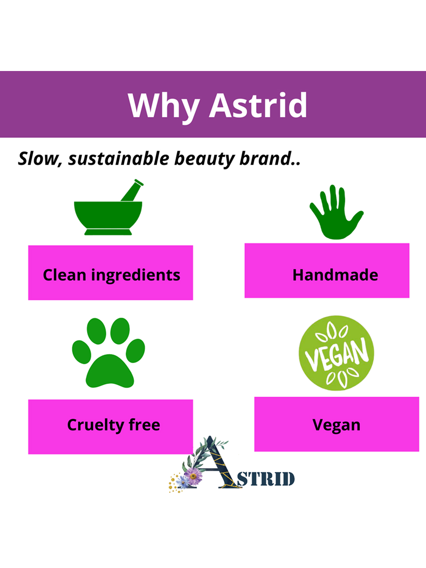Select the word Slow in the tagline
click(x=38, y=158)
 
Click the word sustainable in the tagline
click(x=118, y=158)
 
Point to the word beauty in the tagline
click(x=204, y=159)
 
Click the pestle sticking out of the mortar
click(x=132, y=190)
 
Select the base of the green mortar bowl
click(x=108, y=232)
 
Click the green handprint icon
click(x=336, y=212)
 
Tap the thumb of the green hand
click(x=355, y=219)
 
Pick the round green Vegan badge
click(x=336, y=353)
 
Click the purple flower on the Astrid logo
click(x=193, y=476)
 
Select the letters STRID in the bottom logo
click(x=266, y=479)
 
